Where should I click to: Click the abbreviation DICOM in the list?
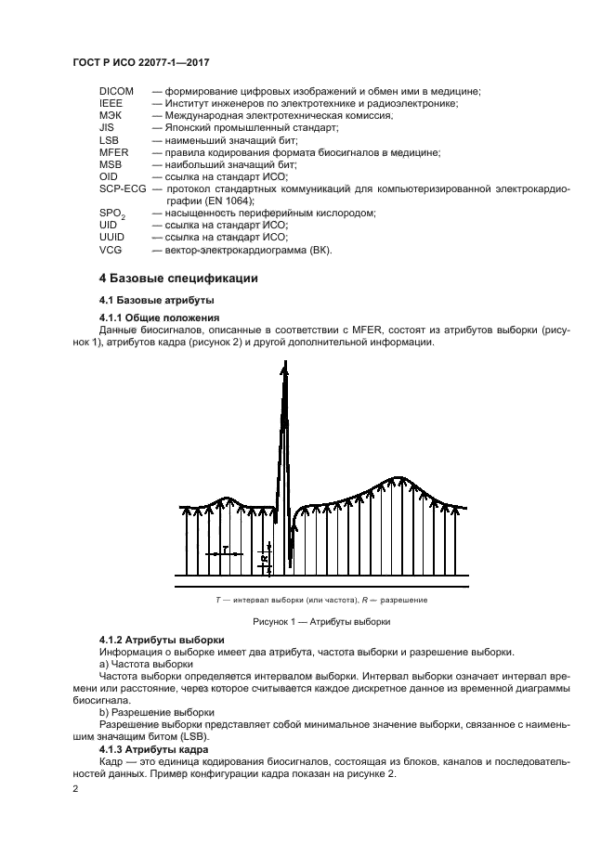click(116, 91)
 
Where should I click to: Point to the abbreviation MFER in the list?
click(113, 151)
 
